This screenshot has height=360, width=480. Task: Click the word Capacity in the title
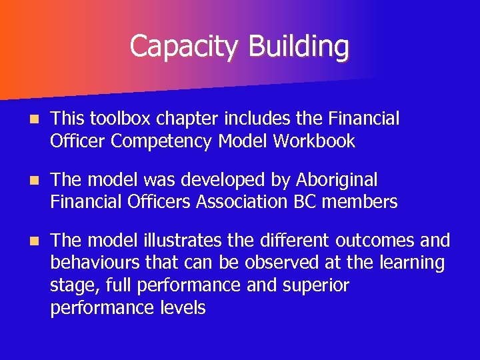pos(185,47)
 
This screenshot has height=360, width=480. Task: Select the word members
pos(359,201)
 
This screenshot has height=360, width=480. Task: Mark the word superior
pos(315,285)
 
